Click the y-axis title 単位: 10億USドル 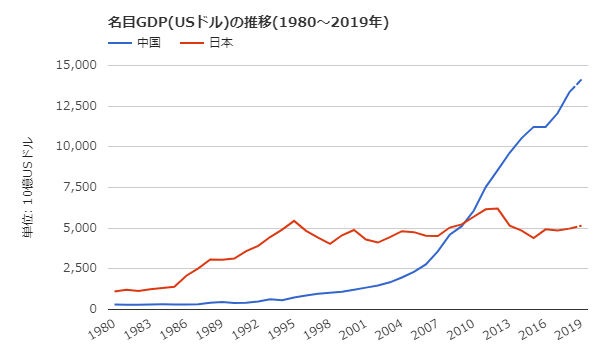pos(27,187)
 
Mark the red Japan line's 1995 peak pos(294,221)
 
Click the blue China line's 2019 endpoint pos(580,79)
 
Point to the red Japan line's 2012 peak pos(497,208)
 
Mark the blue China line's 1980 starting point pos(115,304)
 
